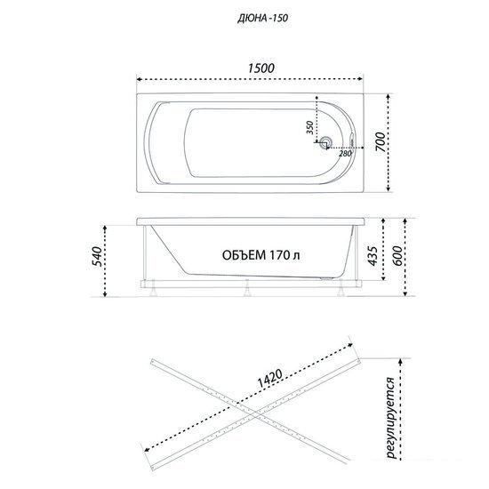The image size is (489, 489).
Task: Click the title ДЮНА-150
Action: (x=262, y=19)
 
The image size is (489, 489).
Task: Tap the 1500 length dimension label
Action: (x=261, y=68)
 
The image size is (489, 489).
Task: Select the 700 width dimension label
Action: (x=380, y=142)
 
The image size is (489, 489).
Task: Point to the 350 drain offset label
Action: (x=309, y=127)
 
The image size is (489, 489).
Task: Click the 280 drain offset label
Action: (x=345, y=154)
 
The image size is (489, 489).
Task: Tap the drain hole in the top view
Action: (x=326, y=142)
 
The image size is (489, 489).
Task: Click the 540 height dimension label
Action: (x=97, y=256)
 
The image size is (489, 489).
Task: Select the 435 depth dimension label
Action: (x=373, y=256)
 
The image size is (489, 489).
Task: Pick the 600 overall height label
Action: (x=397, y=256)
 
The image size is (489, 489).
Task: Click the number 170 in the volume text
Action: (x=280, y=255)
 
